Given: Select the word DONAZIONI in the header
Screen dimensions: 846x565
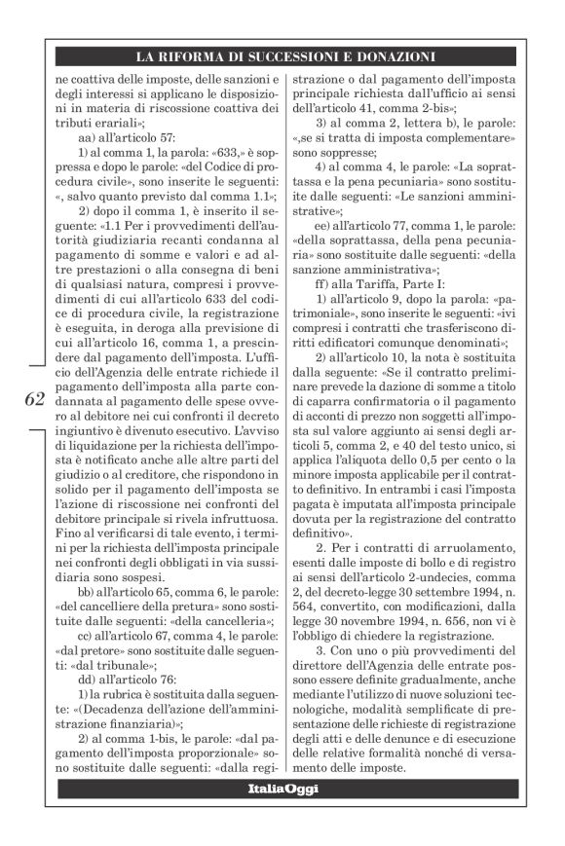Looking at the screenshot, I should tap(393, 57).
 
